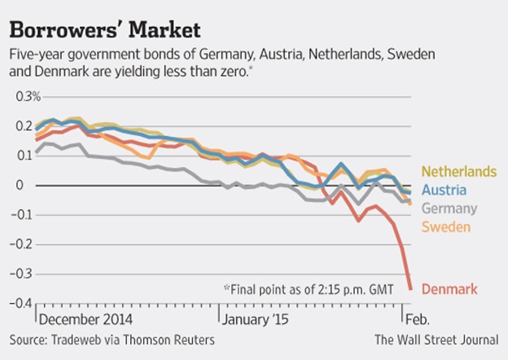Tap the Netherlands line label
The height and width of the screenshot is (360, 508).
[x=458, y=172]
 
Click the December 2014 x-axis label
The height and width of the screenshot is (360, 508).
[x=86, y=318]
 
